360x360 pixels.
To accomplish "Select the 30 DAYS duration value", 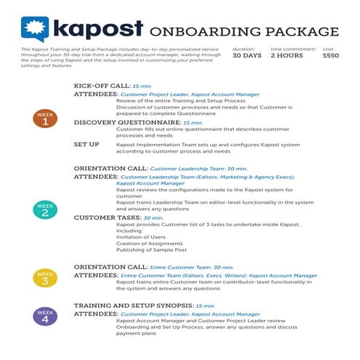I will tap(247, 55).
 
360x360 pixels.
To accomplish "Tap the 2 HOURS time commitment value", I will tap(287, 55).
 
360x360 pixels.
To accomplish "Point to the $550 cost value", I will tap(330, 55).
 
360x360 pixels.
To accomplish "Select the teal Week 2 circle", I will tap(45, 209).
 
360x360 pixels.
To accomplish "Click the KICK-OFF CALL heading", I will tap(102, 86).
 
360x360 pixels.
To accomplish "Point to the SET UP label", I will tap(87, 144).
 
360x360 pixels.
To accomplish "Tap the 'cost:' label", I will tap(328, 48).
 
